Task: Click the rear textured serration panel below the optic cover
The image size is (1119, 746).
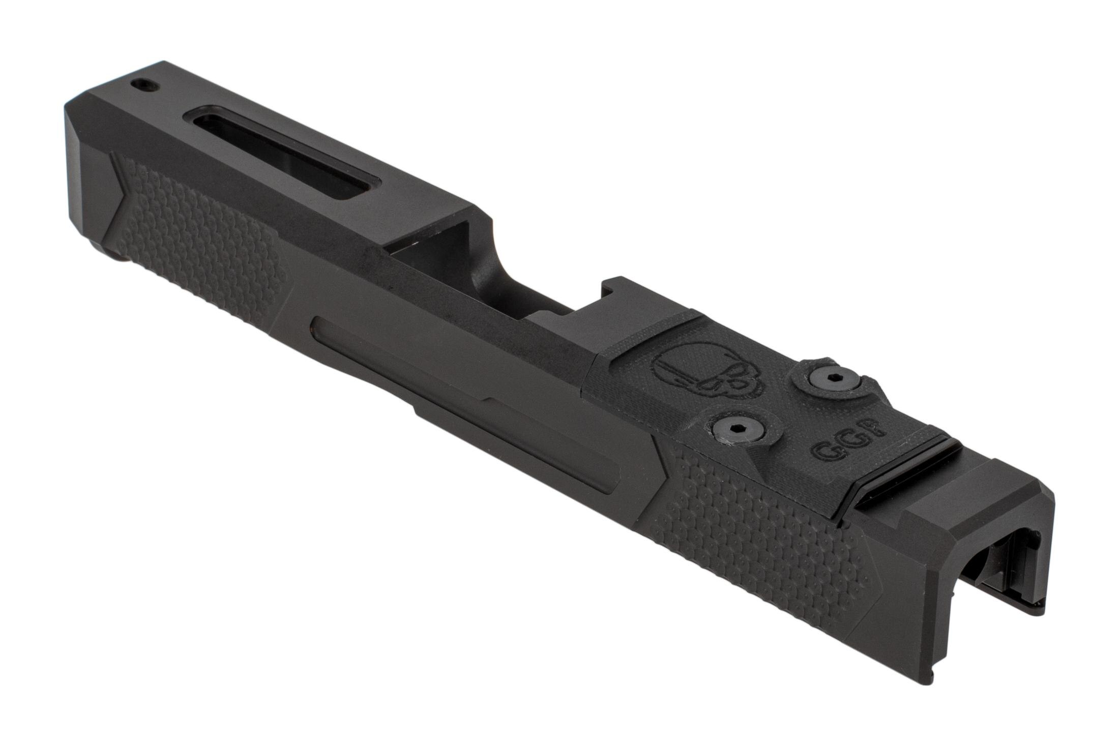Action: (763, 534)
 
